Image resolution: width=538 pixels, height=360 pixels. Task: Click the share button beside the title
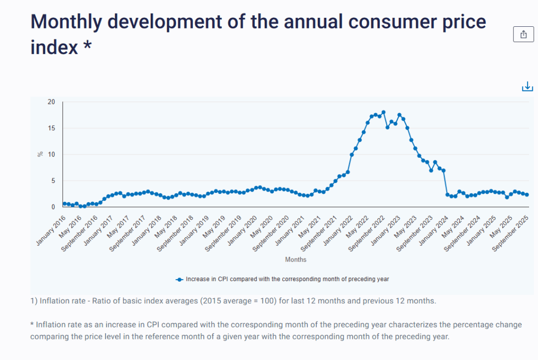click(523, 34)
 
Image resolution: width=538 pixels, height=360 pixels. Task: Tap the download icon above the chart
click(527, 87)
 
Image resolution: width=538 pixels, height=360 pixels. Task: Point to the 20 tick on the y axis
click(51, 101)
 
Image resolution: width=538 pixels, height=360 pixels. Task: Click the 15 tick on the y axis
click(51, 128)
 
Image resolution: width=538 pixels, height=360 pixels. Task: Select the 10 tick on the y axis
click(51, 155)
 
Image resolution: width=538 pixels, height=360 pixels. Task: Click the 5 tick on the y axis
click(53, 181)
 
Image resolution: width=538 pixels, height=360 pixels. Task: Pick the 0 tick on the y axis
click(53, 207)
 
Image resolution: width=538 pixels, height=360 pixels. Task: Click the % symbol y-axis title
click(40, 154)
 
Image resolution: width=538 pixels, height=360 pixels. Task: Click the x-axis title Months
click(296, 260)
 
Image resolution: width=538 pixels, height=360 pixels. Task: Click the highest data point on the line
click(384, 112)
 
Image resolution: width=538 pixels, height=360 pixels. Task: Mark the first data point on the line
click(65, 203)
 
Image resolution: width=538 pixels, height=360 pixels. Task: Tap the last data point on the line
click(526, 194)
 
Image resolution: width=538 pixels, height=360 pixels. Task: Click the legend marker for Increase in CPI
click(179, 279)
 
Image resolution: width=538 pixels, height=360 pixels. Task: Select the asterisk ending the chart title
click(87, 46)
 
